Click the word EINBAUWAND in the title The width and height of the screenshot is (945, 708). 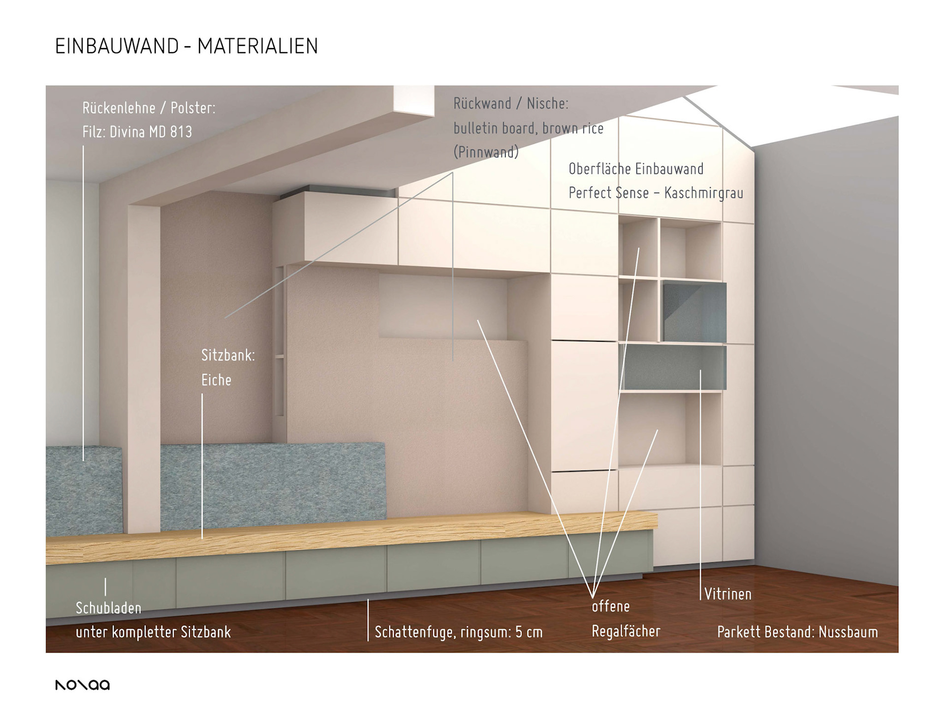click(x=117, y=46)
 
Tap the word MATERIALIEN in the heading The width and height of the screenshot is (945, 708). click(x=257, y=46)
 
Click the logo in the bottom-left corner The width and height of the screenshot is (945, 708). click(x=82, y=684)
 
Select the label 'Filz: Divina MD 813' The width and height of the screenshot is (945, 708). click(x=137, y=132)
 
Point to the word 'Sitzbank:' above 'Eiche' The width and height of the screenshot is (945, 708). click(x=228, y=355)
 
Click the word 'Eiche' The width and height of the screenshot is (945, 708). click(x=216, y=380)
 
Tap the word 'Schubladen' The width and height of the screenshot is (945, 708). click(x=108, y=608)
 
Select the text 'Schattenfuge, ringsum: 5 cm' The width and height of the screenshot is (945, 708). click(x=458, y=632)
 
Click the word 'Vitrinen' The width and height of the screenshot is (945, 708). click(x=727, y=594)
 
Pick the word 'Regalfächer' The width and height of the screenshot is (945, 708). click(x=626, y=631)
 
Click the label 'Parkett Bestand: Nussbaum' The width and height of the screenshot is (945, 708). click(x=797, y=632)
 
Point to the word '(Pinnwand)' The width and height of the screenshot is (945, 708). click(x=486, y=152)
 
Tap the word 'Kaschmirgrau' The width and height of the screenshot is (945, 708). click(x=703, y=193)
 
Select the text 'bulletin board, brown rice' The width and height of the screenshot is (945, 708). click(x=528, y=128)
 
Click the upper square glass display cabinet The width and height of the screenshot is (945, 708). click(x=694, y=311)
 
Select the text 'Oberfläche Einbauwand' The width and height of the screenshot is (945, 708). click(x=636, y=169)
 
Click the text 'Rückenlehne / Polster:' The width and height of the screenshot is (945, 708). click(x=149, y=108)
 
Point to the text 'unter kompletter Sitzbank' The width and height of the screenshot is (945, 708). click(x=153, y=632)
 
